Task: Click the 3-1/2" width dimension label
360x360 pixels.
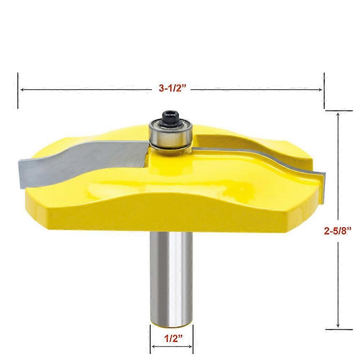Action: (171, 88)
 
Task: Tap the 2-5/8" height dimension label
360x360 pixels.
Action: (338, 230)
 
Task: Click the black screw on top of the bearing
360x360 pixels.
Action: (170, 118)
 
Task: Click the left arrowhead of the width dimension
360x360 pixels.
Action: (22, 90)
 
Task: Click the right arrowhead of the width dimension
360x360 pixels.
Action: (320, 90)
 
